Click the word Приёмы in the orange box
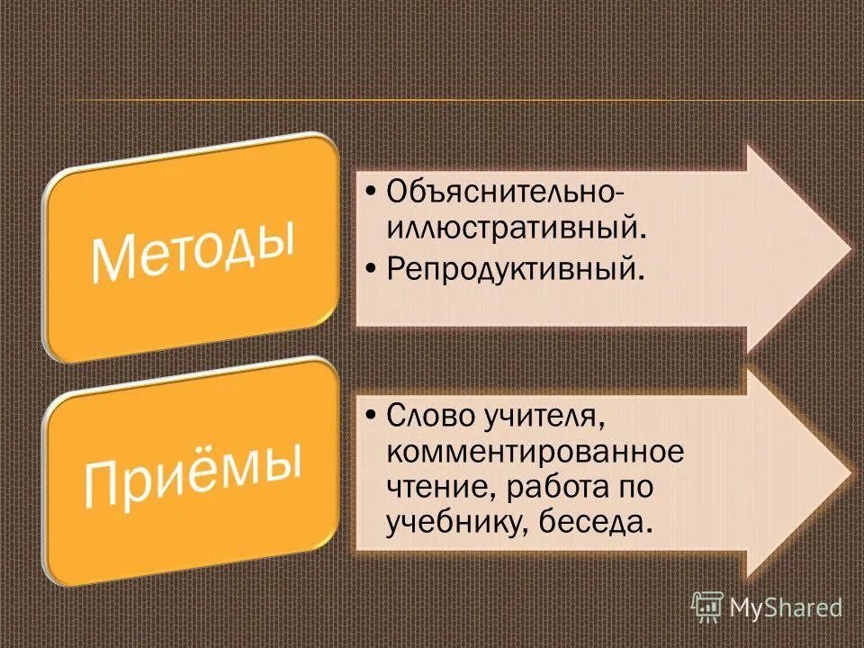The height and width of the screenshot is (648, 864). point(193,470)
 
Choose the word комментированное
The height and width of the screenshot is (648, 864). point(535,451)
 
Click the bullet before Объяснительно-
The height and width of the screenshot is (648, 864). point(373,192)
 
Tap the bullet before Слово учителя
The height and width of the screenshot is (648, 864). point(373,417)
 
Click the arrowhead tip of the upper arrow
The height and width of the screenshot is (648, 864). point(848,247)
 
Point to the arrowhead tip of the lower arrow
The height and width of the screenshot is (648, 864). point(848,471)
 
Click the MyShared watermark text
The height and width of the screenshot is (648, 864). point(785,608)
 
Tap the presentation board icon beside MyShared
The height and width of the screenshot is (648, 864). point(707,607)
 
